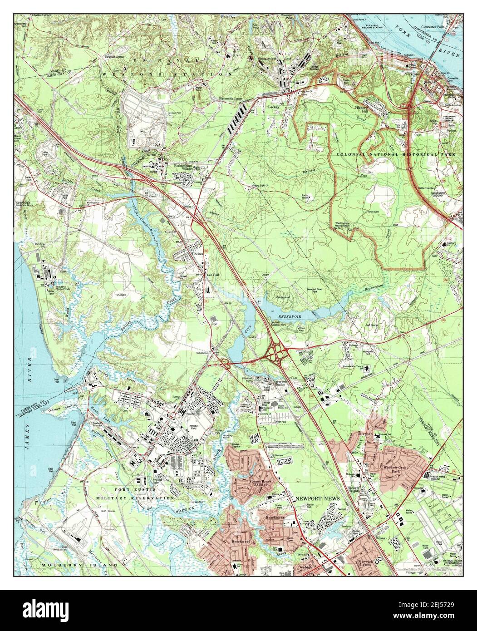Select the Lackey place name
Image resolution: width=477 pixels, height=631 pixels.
[274, 108]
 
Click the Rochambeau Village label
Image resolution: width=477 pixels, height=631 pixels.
[185, 168]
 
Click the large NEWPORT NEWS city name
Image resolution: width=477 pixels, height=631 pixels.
[317, 498]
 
